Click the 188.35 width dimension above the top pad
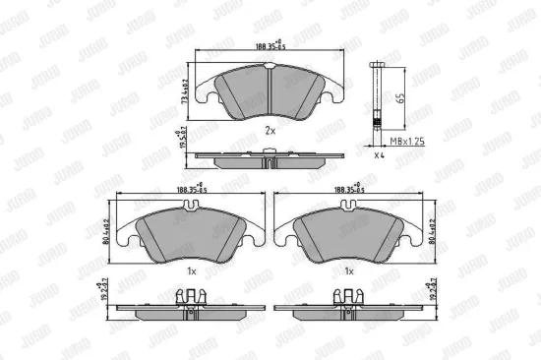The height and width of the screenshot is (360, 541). pos(265,44)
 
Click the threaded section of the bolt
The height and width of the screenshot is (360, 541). pos(380,123)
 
